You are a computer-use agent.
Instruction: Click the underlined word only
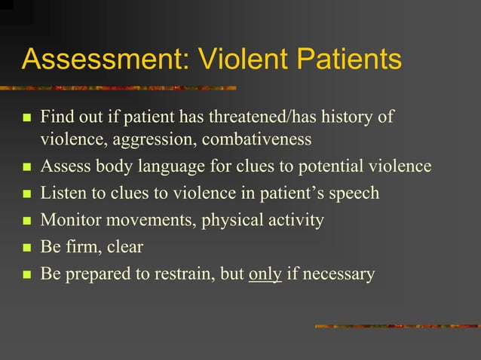265,274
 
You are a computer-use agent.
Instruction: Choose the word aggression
155,139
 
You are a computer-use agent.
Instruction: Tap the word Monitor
69,221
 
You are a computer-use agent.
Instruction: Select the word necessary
339,274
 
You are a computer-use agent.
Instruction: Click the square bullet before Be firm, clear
27,248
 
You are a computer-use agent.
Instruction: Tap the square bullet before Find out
27,119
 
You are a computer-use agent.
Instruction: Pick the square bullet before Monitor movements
27,221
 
